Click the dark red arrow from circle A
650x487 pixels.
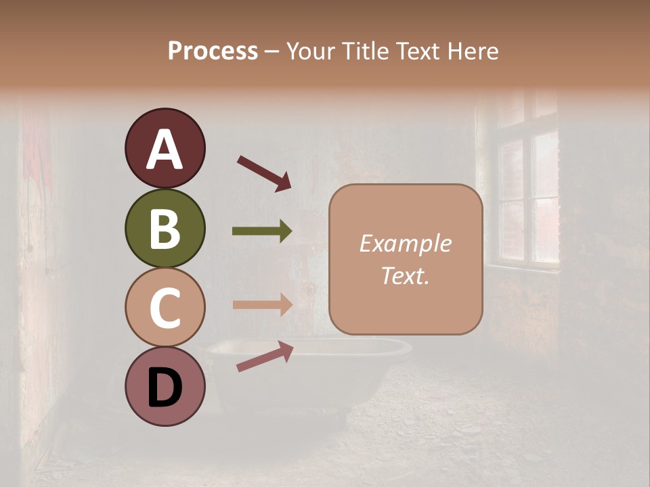click(x=264, y=172)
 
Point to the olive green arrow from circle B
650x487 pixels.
click(x=262, y=231)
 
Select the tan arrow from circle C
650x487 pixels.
click(x=262, y=304)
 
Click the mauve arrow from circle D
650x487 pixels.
click(x=264, y=356)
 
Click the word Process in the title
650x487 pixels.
click(x=213, y=51)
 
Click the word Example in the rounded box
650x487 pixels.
click(x=405, y=243)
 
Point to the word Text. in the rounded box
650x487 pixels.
click(x=405, y=276)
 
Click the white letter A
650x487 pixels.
click(x=165, y=150)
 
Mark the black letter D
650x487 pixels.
click(x=165, y=388)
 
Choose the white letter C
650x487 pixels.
click(x=165, y=308)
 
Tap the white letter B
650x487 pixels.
click(x=165, y=229)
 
